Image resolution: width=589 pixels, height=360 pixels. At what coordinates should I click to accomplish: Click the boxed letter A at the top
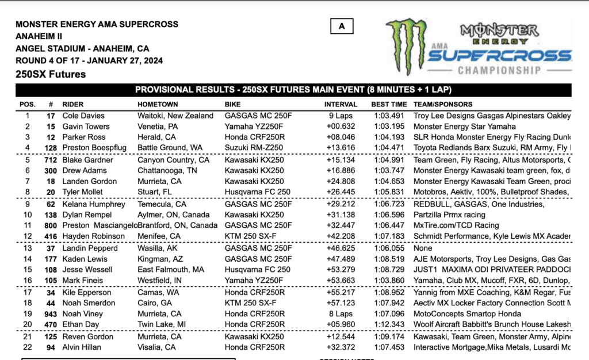342,26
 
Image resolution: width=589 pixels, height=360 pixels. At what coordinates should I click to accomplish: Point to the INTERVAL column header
341,105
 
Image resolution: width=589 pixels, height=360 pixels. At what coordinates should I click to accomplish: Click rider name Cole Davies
84,116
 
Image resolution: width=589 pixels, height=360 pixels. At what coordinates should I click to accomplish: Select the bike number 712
50,160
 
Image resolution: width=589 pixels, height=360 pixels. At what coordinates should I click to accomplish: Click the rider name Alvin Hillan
82,347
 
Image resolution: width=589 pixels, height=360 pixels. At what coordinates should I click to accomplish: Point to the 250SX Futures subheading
51,74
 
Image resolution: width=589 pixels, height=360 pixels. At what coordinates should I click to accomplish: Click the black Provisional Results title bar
293,90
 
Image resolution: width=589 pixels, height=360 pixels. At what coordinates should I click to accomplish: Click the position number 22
27,347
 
